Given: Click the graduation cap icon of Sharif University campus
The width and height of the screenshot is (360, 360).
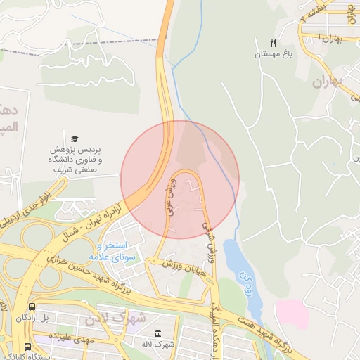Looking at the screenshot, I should [x=75, y=139].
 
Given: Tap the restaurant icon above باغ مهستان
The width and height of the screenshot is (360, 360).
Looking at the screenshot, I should [x=274, y=44].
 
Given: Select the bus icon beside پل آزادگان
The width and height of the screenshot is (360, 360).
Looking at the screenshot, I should [x=32, y=307].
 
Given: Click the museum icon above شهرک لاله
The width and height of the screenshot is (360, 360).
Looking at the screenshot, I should [x=157, y=333].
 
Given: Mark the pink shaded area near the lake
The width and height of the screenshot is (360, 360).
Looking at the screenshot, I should [x=292, y=314].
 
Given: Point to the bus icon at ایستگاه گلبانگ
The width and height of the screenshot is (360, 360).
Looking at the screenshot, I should [x=27, y=347].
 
